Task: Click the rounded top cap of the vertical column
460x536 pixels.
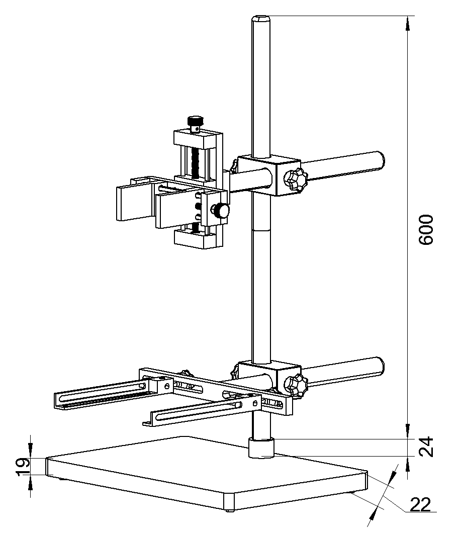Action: [x=261, y=20]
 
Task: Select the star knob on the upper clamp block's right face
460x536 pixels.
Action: [x=295, y=180]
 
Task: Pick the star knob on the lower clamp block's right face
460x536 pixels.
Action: [x=295, y=384]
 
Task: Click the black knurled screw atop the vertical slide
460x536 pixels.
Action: [x=196, y=122]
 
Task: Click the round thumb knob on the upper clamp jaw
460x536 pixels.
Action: [x=221, y=211]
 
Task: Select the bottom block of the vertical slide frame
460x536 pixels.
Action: [x=196, y=239]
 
